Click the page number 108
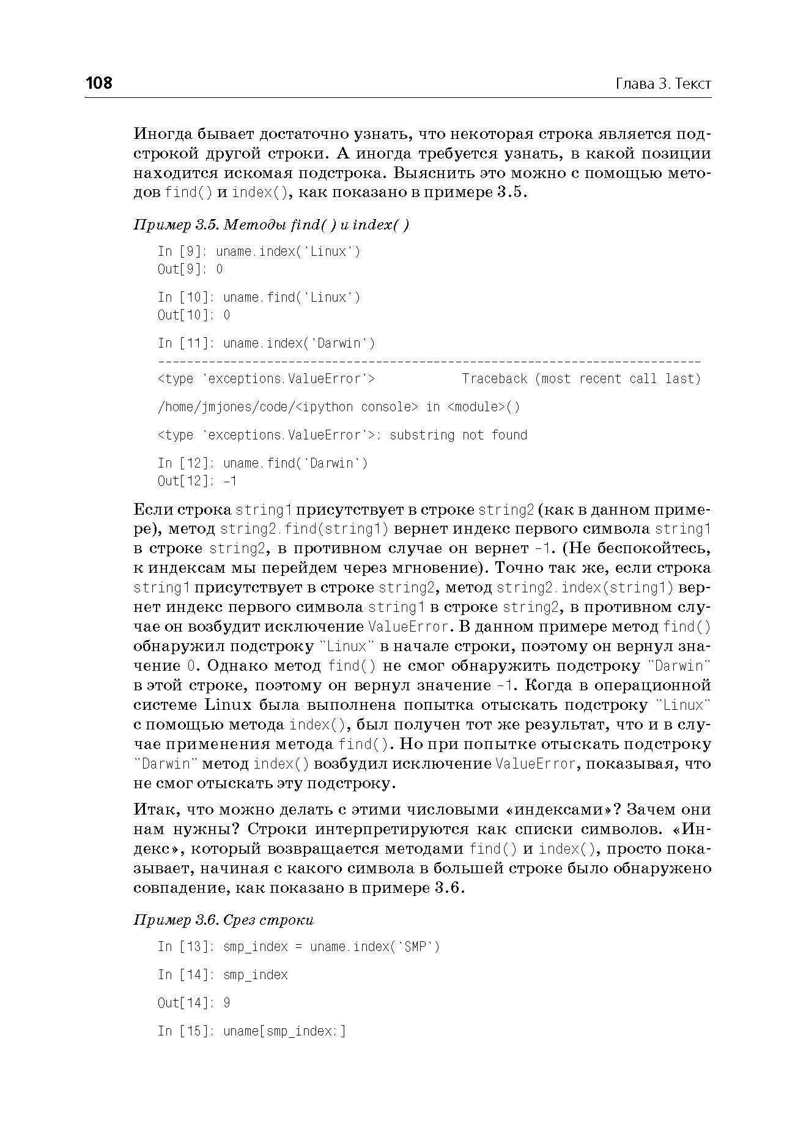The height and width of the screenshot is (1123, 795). [99, 83]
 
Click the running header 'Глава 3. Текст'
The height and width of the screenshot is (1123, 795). [663, 84]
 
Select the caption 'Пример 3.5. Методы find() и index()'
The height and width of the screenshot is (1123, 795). [272, 225]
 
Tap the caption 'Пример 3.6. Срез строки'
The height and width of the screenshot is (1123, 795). [224, 920]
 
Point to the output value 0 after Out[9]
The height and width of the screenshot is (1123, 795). [220, 269]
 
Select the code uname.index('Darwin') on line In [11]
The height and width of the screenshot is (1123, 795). [299, 343]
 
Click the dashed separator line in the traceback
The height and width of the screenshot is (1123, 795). [428, 362]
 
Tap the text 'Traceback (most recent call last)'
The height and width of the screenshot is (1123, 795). [581, 379]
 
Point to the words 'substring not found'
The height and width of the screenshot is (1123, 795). [458, 435]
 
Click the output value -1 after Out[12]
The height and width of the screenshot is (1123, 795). [230, 481]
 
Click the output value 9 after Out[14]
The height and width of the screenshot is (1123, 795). [227, 1002]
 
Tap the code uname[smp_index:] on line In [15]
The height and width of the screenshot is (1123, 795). [284, 1031]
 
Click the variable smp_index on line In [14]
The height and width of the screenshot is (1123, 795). [256, 975]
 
